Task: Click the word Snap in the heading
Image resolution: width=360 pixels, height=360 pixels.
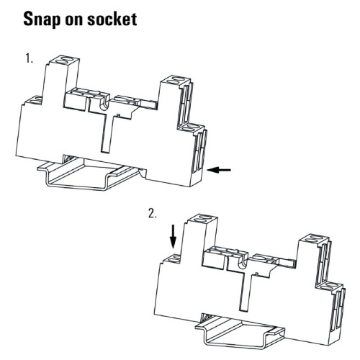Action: point(42,19)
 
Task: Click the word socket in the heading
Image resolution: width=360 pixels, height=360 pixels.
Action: point(112,19)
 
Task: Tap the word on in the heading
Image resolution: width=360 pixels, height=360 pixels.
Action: point(73,21)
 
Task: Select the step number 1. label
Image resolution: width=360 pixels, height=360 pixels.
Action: point(29,59)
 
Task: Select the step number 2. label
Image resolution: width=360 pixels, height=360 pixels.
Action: point(152,213)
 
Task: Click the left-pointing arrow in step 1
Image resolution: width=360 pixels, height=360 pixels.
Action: point(219,170)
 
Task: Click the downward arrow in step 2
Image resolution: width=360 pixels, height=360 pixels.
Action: point(173,237)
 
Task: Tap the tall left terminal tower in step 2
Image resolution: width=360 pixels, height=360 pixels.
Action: point(200,238)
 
